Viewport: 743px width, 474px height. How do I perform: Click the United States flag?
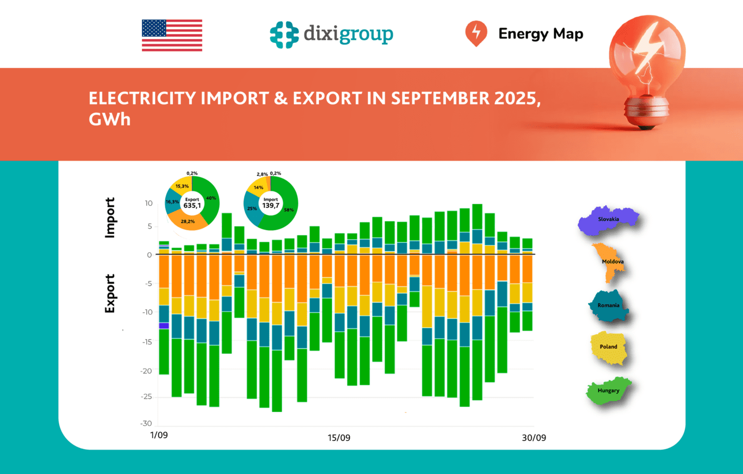click(x=172, y=35)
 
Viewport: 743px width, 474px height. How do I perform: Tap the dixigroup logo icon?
click(x=284, y=35)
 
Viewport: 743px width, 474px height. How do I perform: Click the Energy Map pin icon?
click(x=476, y=33)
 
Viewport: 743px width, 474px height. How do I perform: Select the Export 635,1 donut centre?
click(x=192, y=203)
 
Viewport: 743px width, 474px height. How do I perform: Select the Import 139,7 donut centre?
click(x=270, y=203)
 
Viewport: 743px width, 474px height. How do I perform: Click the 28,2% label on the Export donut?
click(x=188, y=221)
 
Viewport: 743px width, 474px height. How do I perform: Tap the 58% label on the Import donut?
click(x=289, y=210)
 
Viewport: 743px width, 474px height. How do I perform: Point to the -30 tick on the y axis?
click(x=146, y=423)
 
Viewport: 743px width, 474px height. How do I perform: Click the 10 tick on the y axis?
click(x=149, y=203)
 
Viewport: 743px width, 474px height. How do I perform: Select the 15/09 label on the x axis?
click(x=339, y=438)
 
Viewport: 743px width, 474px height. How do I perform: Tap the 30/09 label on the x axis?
click(x=534, y=438)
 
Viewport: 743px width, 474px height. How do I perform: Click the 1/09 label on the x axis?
click(x=159, y=435)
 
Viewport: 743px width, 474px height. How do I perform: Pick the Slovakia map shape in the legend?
click(x=608, y=220)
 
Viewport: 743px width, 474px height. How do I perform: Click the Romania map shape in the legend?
click(x=609, y=306)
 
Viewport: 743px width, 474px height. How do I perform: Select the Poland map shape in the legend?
click(x=609, y=347)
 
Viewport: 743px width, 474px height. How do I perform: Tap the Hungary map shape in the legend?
click(x=608, y=390)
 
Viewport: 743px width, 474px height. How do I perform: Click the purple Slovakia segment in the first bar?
click(x=164, y=326)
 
